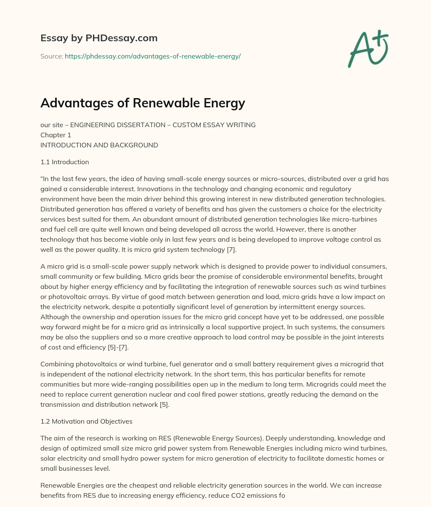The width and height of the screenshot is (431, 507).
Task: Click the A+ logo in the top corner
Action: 368,49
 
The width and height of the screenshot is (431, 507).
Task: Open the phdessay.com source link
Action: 152,56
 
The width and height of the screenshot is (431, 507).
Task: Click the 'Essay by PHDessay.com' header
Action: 99,38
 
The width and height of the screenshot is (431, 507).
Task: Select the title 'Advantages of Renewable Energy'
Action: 143,103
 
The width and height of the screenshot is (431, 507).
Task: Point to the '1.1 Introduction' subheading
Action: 64,162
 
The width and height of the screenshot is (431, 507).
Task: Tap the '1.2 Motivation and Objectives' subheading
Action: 86,421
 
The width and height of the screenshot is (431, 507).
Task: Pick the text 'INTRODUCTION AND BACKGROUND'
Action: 99,145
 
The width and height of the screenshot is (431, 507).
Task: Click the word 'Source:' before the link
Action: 51,56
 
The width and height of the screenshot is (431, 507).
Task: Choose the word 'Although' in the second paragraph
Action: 54,317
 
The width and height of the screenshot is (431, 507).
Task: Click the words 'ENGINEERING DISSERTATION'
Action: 111,125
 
